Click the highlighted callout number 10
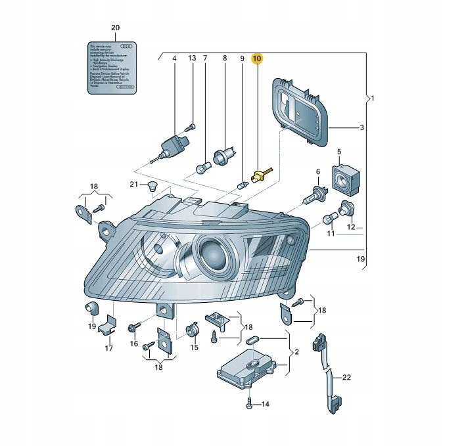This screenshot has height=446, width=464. click(x=258, y=58)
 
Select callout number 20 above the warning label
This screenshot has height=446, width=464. click(x=116, y=28)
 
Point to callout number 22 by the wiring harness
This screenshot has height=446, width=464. click(x=347, y=377)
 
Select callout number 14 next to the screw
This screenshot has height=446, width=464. click(x=266, y=404)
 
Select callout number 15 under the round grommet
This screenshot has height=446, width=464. click(x=194, y=347)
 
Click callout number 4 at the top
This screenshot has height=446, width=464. click(x=175, y=59)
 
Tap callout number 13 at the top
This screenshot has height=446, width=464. click(x=192, y=59)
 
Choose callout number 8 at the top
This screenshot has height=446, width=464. click(x=224, y=59)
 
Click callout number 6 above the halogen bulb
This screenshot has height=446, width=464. click(x=318, y=172)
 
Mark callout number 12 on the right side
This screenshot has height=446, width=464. click(x=351, y=227)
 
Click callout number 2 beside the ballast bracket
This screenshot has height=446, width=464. click(x=296, y=353)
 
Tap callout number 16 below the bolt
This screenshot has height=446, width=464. click(x=133, y=344)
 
